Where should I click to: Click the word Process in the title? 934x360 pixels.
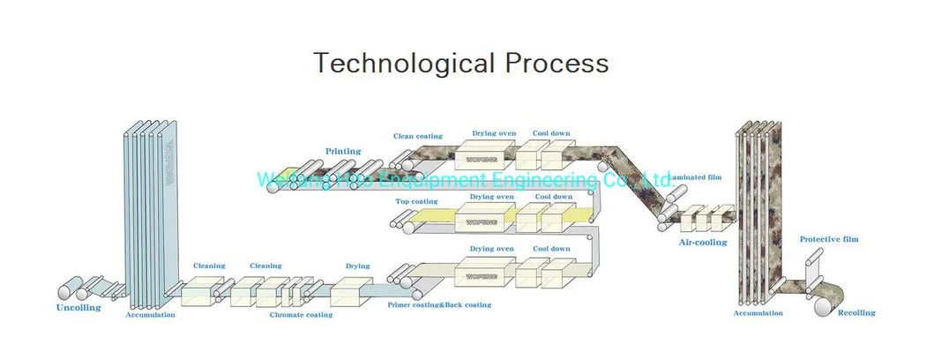(x=557, y=64)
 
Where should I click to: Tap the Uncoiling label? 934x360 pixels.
(x=78, y=308)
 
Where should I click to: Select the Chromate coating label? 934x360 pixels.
(x=301, y=315)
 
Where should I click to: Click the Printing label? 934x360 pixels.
(x=343, y=151)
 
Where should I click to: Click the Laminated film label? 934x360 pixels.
(x=696, y=177)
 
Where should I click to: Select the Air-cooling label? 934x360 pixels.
(x=703, y=242)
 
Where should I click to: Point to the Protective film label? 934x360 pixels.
(x=828, y=239)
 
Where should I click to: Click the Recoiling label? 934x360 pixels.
(x=856, y=312)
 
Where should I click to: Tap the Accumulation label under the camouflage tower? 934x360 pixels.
(x=758, y=312)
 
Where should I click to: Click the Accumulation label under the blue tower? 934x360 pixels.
(x=150, y=314)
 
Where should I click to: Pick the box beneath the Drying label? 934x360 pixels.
(x=353, y=290)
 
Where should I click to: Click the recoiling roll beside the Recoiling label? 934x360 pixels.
(x=827, y=304)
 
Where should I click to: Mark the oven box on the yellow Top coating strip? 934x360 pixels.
(x=483, y=217)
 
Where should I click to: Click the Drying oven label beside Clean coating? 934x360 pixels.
(x=491, y=133)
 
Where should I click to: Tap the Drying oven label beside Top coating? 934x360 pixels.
(x=491, y=197)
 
